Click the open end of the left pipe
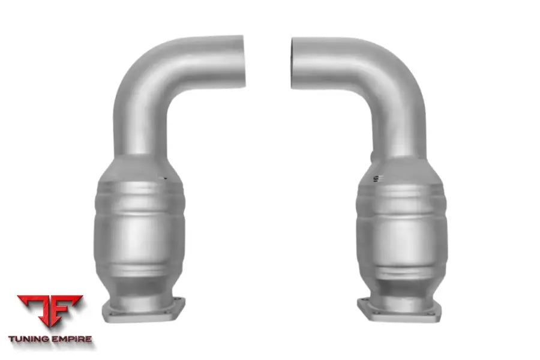[x=241, y=62]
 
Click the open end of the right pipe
[x=295, y=63]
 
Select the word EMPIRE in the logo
[x=71, y=339]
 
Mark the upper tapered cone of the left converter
[x=139, y=168]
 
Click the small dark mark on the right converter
[x=376, y=178]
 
